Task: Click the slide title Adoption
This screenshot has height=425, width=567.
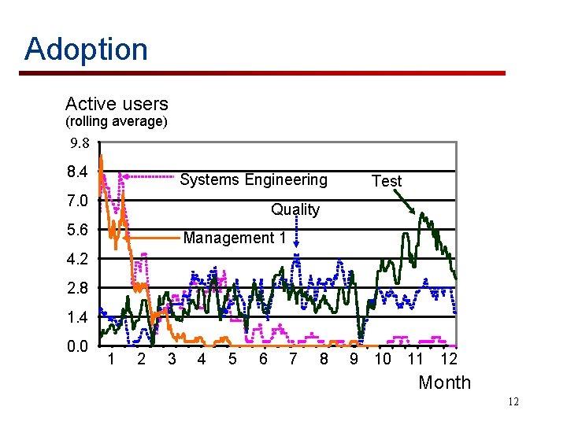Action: pos(86,49)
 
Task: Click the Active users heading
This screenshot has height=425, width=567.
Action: pos(117,104)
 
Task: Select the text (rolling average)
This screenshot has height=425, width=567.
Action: pos(116,121)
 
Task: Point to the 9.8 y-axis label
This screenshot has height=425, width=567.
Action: pos(80,144)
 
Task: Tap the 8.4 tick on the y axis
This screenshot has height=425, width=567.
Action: pos(78,172)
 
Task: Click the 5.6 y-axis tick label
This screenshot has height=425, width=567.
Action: pos(78,230)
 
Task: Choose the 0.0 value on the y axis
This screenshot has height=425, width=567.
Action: pos(78,346)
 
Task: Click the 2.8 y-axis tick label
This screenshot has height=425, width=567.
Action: pos(78,288)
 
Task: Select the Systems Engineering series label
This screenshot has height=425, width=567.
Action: pos(254,179)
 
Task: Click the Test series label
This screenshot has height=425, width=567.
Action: pos(386,181)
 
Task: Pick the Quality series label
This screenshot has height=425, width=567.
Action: pos(295,209)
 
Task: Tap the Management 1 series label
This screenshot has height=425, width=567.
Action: pos(234,238)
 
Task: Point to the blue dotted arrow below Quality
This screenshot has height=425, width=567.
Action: pos(296,237)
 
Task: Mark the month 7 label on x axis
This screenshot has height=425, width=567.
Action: pos(293,360)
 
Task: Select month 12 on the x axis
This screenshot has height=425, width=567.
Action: pos(448,360)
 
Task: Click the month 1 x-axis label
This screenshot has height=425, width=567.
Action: pos(112,360)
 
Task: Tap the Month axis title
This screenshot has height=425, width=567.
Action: pos(444,382)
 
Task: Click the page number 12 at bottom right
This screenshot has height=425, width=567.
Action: pos(513,403)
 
